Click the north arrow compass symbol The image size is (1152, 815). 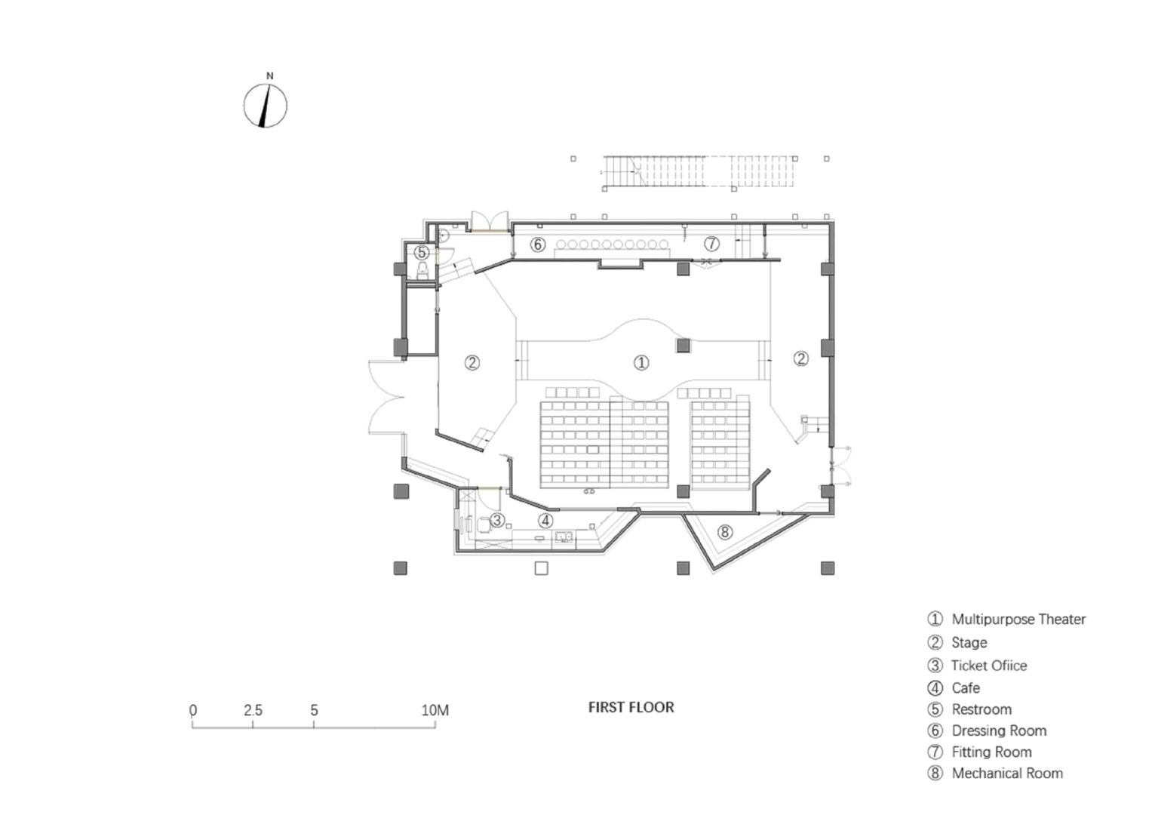click(x=266, y=106)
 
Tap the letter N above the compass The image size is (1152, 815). click(x=269, y=76)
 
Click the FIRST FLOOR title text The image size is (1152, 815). click(x=631, y=708)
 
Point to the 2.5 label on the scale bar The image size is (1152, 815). click(x=253, y=711)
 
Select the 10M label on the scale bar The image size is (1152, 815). click(x=435, y=711)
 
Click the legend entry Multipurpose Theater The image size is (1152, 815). click(x=1007, y=619)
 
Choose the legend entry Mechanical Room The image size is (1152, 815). click(x=995, y=773)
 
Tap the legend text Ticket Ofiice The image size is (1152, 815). click(x=977, y=666)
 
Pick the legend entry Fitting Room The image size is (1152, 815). click(x=980, y=752)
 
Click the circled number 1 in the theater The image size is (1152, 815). click(x=641, y=363)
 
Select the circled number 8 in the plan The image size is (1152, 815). click(x=725, y=532)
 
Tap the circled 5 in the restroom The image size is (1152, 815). click(x=422, y=253)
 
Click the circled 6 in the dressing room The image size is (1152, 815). click(x=538, y=244)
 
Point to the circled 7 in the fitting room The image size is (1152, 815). click(x=711, y=243)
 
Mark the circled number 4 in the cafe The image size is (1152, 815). click(x=545, y=521)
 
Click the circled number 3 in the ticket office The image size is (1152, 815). click(x=497, y=520)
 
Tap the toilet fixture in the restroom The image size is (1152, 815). click(x=422, y=271)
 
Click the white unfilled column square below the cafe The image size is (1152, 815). click(x=541, y=568)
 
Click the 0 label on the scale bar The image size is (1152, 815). click(x=193, y=711)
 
